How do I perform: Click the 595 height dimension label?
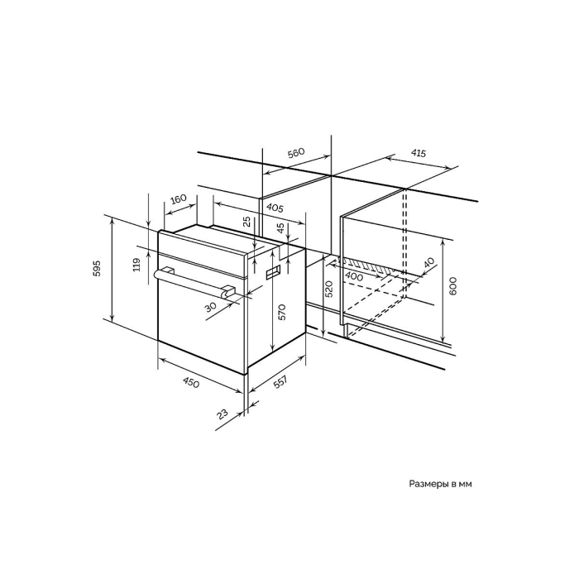[96, 269]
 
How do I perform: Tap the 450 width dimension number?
[191, 383]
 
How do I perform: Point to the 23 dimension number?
[223, 414]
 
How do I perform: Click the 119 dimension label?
[136, 265]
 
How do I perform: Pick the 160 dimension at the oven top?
[179, 199]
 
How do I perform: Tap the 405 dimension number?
[275, 208]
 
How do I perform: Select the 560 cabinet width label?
[296, 153]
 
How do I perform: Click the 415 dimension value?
[418, 153]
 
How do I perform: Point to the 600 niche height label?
[453, 285]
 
